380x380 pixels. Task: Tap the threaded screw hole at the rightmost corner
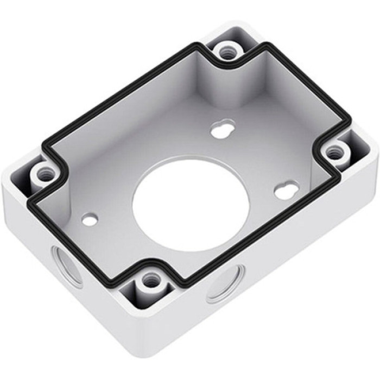point(335,154)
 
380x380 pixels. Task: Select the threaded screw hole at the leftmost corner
point(43,174)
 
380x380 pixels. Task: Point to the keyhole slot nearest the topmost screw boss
point(222,130)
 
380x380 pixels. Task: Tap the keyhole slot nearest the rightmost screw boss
point(286,191)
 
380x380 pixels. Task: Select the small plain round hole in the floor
point(90,219)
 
